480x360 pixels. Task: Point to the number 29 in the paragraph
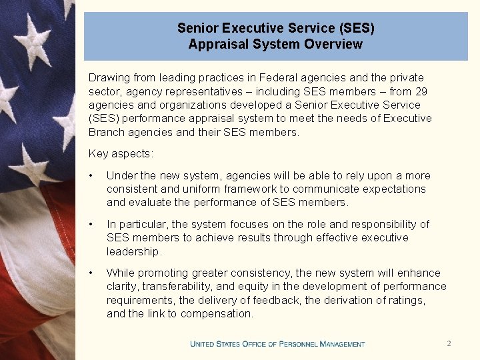point(422,91)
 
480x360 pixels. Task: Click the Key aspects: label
point(121,154)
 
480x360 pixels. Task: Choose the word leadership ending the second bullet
point(133,251)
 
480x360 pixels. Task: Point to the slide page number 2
point(449,343)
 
